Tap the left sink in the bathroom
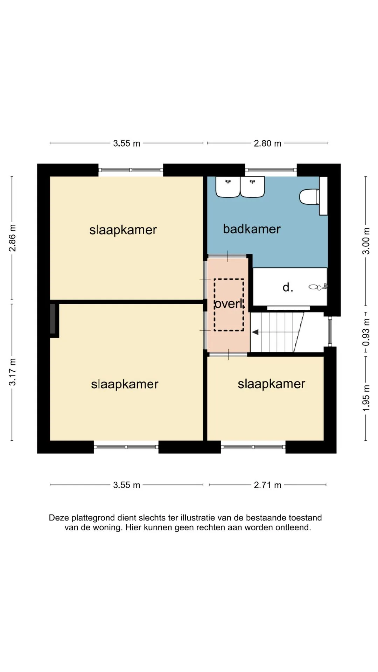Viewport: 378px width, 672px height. click(228, 187)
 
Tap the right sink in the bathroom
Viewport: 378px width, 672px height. click(252, 187)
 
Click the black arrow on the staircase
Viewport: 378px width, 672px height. click(255, 332)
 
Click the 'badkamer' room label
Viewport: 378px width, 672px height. click(252, 229)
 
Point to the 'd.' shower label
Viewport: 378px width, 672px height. click(288, 287)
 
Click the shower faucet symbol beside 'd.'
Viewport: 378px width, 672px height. click(318, 287)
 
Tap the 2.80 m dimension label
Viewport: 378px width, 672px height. click(267, 143)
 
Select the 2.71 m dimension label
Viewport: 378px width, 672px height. click(267, 485)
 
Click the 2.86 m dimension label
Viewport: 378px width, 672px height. click(12, 238)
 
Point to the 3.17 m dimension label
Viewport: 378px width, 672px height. click(12, 372)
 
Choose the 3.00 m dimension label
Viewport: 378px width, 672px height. click(366, 241)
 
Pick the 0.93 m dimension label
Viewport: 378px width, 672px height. click(366, 332)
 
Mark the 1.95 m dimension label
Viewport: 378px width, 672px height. click(366, 398)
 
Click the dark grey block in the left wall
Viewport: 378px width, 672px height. click(52, 318)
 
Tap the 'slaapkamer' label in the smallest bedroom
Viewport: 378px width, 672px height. click(271, 384)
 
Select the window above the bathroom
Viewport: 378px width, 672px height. click(271, 170)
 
